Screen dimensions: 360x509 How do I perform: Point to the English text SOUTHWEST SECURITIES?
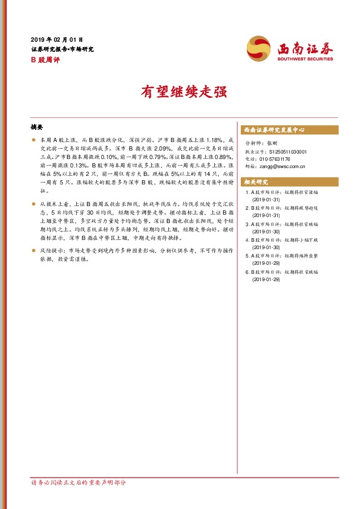305,59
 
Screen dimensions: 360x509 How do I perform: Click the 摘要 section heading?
37,128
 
